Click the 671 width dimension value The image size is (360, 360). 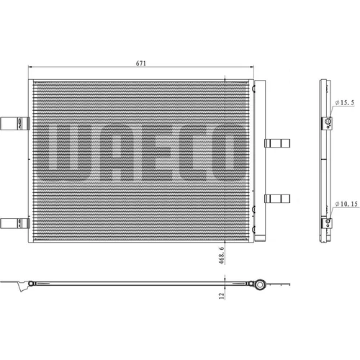click(x=141, y=63)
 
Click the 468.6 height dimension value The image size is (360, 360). click(x=222, y=256)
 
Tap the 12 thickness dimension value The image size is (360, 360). click(x=222, y=295)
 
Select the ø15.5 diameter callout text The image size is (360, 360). click(x=345, y=103)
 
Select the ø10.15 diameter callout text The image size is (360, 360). click(x=346, y=204)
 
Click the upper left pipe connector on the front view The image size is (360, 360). click(x=15, y=124)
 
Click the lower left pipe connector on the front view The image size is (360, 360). click(x=15, y=223)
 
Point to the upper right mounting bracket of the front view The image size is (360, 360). click(x=277, y=143)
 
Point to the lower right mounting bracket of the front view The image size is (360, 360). click(x=277, y=199)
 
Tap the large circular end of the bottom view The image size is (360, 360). click(x=259, y=284)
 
